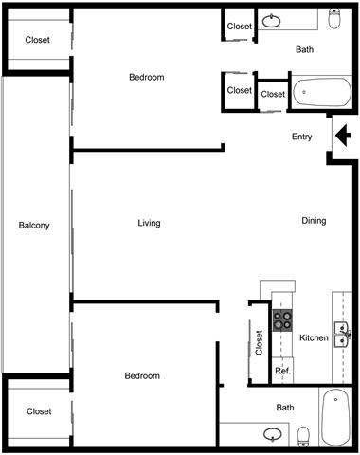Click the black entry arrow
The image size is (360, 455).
tap(343, 137)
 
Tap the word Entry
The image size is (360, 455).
tap(301, 137)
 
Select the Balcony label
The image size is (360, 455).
tap(34, 225)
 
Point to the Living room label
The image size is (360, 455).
tap(149, 223)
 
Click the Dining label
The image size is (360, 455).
tap(314, 221)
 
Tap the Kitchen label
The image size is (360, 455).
tap(314, 337)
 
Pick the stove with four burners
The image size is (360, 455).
tap(282, 318)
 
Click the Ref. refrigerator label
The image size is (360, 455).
tap(282, 371)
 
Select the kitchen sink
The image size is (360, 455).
tap(343, 331)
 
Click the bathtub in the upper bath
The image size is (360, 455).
tap(321, 94)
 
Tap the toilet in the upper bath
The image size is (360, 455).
tap(334, 19)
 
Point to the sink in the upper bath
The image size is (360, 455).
tap(274, 20)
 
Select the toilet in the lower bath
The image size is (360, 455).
tap(304, 437)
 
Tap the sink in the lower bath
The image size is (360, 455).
tap(273, 436)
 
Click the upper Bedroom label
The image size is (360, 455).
tap(146, 77)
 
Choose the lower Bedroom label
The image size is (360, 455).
tap(143, 375)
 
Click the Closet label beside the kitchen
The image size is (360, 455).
tap(260, 341)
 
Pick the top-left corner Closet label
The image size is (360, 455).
tap(39, 40)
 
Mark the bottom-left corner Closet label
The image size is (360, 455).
tap(39, 411)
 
